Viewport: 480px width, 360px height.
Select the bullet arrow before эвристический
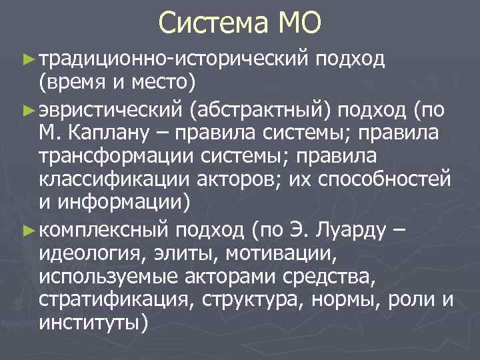27,109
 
